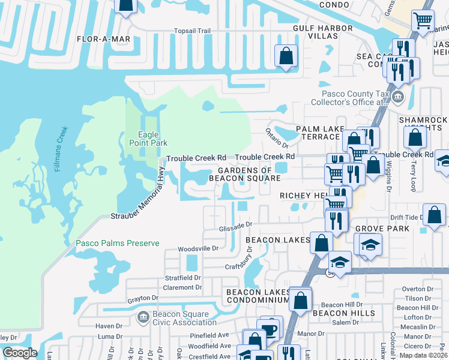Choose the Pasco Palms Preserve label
pos(118,243)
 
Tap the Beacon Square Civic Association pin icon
pos(143,316)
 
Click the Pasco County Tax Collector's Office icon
pos(398,97)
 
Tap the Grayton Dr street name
pos(142,298)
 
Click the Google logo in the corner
pos(20,352)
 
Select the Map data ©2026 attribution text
pos(423,355)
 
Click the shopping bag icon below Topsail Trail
pos(286,56)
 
